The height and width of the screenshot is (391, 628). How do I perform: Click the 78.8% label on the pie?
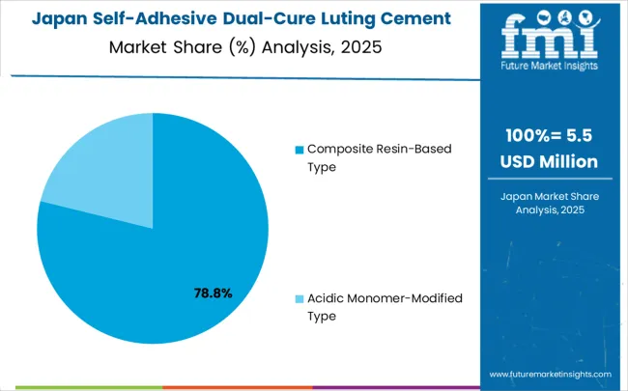211,293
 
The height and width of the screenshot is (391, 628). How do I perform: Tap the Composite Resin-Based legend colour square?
299,150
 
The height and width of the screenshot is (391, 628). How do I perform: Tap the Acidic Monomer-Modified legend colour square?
299,299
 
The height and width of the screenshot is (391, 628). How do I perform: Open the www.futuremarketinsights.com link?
551,374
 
